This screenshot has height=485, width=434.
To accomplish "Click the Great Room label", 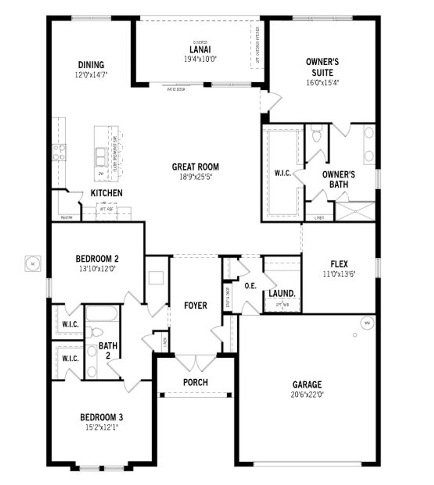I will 195,167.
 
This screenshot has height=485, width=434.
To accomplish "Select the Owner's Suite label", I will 322,67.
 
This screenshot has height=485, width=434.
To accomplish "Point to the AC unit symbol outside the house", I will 33,263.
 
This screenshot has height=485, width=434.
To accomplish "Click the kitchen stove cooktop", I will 59,152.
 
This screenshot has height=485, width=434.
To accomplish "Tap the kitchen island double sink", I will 101,157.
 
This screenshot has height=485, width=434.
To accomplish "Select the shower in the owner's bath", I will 355,211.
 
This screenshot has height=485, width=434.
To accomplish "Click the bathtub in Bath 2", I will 101,314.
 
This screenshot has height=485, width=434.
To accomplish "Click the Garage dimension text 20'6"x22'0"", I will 307,394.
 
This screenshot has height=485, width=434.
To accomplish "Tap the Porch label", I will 195,382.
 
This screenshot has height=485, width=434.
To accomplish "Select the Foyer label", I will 195,305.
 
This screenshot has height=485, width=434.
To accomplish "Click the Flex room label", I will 339,264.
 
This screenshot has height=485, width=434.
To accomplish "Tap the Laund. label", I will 282,294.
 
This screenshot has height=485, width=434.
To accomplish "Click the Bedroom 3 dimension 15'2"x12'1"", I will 101,427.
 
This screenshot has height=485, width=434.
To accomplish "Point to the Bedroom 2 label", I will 97,259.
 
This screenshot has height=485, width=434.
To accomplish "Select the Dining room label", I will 91,65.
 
